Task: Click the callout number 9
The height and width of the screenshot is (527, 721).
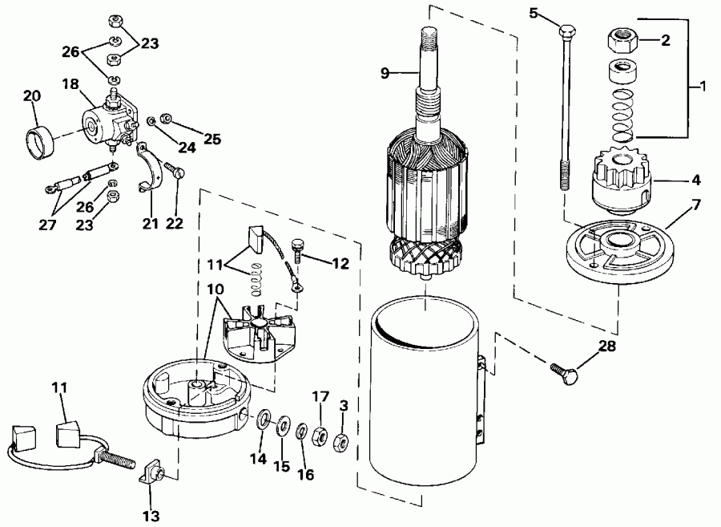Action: point(385,72)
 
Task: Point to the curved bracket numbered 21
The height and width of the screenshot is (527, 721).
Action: point(147,169)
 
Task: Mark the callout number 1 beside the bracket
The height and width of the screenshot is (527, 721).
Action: point(702,86)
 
